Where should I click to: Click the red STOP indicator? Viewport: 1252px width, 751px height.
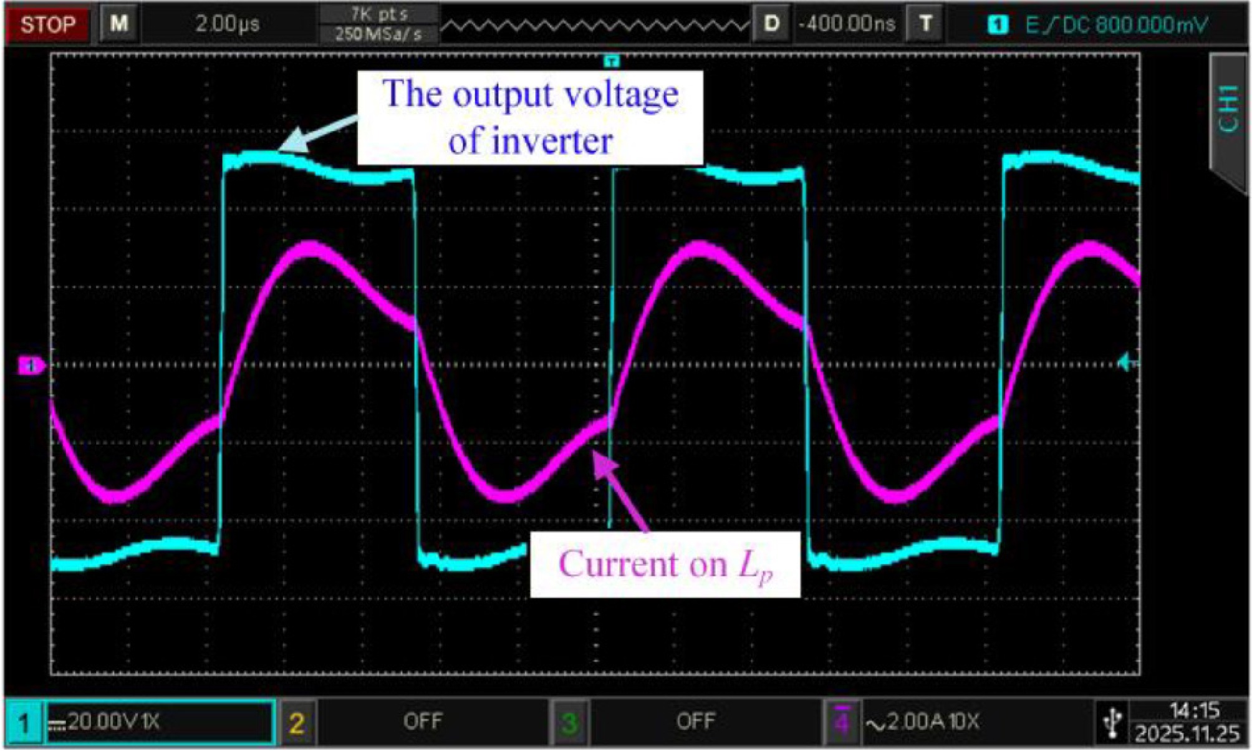tap(48, 24)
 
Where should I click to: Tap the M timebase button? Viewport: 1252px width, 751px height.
tap(119, 24)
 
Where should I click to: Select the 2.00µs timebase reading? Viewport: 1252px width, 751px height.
tap(228, 24)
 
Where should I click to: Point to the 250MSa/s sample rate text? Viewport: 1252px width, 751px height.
tap(378, 34)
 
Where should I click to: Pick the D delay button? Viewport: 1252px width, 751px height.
tap(772, 24)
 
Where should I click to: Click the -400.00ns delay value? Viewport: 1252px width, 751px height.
tap(847, 24)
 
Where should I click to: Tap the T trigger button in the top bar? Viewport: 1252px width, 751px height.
tap(925, 24)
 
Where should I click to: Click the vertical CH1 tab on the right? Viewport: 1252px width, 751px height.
tap(1228, 110)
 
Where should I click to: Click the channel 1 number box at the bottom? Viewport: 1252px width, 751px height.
tap(24, 722)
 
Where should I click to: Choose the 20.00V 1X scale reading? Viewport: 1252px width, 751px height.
tap(113, 722)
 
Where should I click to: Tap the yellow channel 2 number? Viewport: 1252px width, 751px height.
tap(297, 722)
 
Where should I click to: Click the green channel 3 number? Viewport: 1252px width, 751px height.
tap(569, 723)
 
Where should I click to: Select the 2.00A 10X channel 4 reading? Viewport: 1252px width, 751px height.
tap(923, 722)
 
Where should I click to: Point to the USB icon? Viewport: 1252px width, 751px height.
tap(1112, 723)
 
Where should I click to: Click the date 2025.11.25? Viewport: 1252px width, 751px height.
tap(1187, 734)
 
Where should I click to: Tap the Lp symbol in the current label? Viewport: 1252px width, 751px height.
tap(757, 566)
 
